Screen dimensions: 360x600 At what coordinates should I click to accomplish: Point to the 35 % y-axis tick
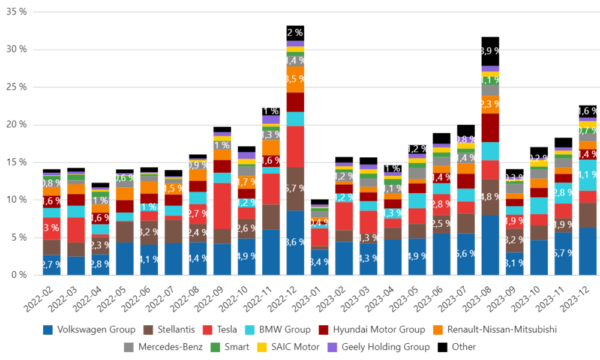tap(16, 11)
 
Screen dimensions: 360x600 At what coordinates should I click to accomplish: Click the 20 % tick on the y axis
tap(16, 124)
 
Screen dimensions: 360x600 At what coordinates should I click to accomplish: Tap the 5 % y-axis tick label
tap(18, 237)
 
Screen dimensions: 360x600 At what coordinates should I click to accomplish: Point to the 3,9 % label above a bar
tap(491, 51)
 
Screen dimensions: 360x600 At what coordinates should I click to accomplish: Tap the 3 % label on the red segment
tap(51, 228)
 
